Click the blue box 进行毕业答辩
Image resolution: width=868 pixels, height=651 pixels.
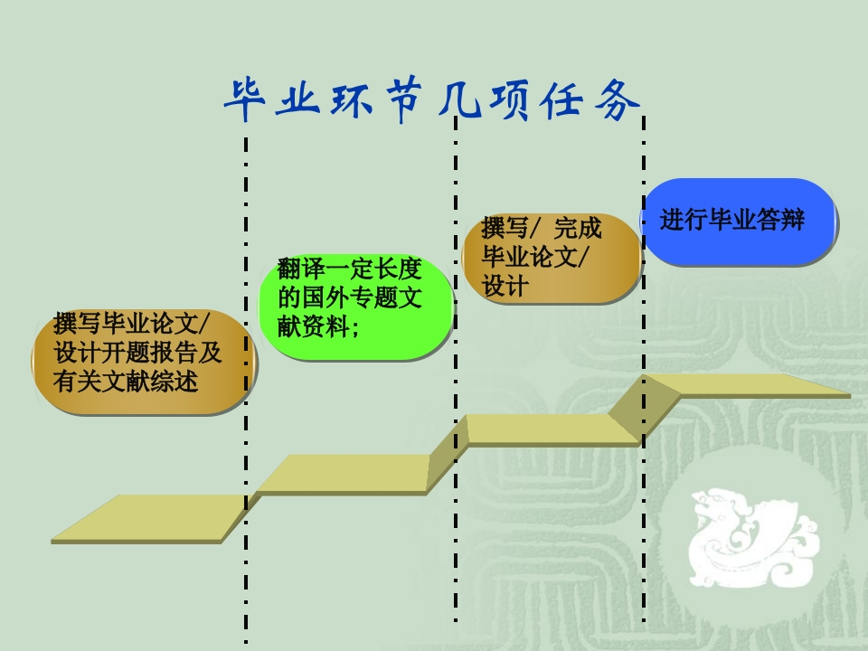(x=738, y=222)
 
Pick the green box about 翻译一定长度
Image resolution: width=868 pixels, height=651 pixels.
(x=354, y=307)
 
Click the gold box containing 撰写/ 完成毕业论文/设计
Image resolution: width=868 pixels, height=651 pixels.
(x=552, y=258)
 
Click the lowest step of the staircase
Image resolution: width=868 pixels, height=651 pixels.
(x=149, y=517)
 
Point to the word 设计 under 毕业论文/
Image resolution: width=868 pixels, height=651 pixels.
(x=505, y=288)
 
